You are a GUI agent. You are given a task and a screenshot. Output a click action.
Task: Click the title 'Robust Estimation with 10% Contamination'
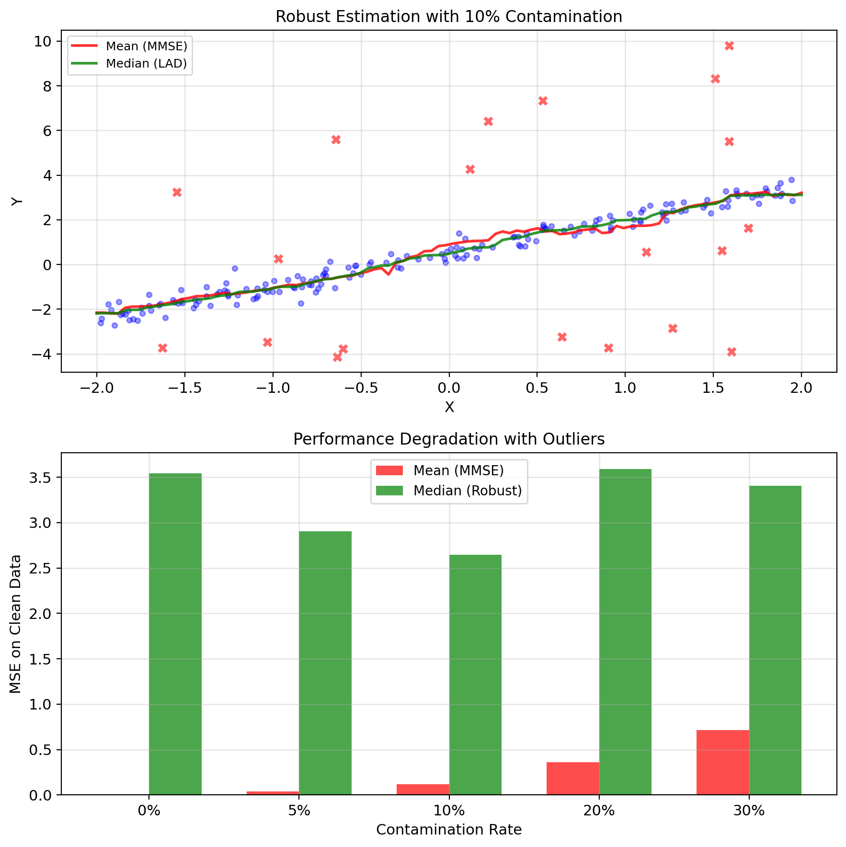[448, 17]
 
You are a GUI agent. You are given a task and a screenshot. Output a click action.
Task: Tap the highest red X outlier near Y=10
[729, 46]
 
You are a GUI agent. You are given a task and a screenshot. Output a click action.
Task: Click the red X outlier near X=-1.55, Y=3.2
[177, 192]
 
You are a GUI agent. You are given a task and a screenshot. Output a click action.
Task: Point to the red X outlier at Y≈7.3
[543, 101]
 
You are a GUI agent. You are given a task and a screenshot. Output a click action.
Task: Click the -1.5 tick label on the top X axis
[184, 389]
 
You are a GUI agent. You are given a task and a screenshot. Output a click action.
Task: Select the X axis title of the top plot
[449, 407]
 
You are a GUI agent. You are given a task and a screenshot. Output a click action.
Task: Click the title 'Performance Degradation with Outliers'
[448, 439]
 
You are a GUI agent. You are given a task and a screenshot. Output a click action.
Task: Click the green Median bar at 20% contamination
[625, 632]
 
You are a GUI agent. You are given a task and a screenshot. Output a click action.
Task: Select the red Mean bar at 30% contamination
[722, 762]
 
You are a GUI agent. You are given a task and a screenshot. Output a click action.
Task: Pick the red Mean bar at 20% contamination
[572, 778]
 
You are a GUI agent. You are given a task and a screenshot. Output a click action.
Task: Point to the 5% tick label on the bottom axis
[299, 811]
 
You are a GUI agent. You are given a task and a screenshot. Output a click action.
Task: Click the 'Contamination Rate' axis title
[448, 830]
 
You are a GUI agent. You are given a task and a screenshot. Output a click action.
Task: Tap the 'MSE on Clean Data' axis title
[16, 624]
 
